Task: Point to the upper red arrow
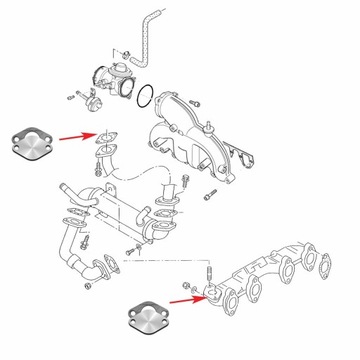[x=79, y=136]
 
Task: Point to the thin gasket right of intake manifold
[x=236, y=160]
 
